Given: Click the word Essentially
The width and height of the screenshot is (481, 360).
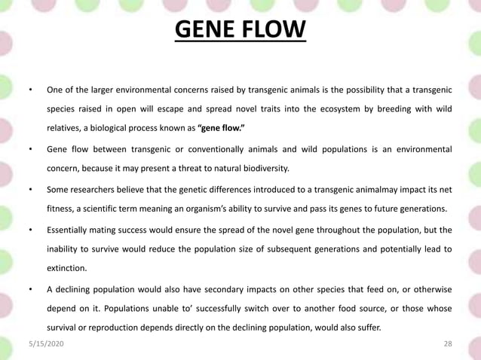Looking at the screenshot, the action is (71, 229).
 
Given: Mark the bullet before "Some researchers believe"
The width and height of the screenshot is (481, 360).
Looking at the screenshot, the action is (29, 188).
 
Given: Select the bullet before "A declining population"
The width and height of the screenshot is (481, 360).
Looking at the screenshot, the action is (29, 288).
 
